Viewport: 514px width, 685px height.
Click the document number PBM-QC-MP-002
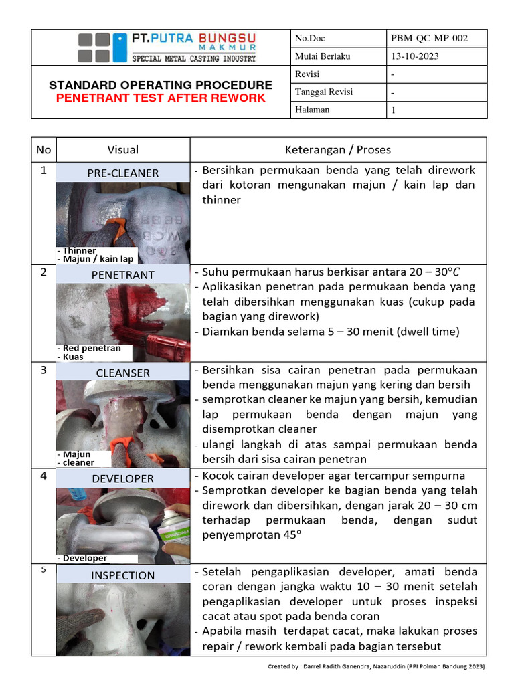[429, 39]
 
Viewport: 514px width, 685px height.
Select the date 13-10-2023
[415, 56]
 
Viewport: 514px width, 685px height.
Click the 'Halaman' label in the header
[313, 110]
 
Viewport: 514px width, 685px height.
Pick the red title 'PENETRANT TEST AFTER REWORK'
[161, 98]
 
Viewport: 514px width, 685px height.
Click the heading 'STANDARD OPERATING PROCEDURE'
[161, 85]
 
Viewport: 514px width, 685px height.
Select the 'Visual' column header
[123, 150]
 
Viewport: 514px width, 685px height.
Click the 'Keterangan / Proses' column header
[338, 150]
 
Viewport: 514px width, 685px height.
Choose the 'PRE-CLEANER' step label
[123, 173]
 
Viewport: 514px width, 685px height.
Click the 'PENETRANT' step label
[123, 275]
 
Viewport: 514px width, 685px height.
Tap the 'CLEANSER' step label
[123, 373]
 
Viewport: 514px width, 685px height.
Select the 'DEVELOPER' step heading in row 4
[123, 479]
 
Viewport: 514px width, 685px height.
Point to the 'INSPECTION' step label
[123, 575]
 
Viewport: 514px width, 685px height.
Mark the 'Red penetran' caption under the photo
[91, 348]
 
